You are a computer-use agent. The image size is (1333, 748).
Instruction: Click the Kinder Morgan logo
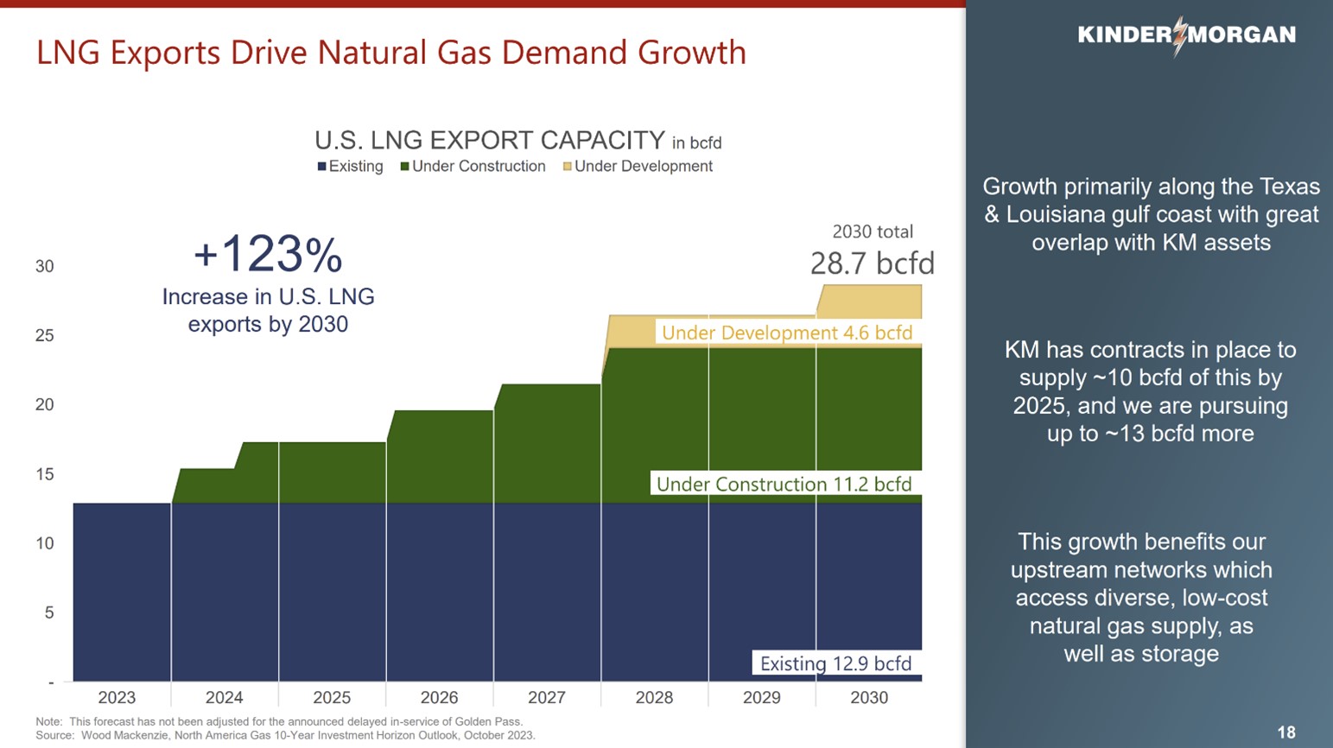tap(1186, 35)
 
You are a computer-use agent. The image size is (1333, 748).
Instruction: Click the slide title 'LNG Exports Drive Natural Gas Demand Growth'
tap(390, 53)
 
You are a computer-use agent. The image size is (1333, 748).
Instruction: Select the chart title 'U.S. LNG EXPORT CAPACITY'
tap(489, 140)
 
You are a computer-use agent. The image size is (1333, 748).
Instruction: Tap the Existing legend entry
tap(351, 167)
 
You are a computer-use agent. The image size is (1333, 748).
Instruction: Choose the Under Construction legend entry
tap(473, 167)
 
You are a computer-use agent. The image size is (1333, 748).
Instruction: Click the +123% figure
tap(268, 255)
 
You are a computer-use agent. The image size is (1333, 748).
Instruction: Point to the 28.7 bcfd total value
tap(872, 263)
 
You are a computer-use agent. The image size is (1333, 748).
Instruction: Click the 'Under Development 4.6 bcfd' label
tap(786, 333)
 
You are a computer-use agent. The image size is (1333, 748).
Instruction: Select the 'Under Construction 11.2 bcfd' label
tap(784, 485)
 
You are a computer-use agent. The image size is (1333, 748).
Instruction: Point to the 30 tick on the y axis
tap(44, 267)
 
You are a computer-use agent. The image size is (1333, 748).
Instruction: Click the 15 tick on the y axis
tap(44, 474)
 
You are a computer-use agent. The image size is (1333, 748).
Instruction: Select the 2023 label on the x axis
tap(117, 698)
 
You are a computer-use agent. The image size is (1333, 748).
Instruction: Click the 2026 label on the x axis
tap(439, 698)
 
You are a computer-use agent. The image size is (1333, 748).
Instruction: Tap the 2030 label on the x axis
tap(868, 698)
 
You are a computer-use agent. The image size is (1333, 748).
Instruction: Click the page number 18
tap(1285, 732)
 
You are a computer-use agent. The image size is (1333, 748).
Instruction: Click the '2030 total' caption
tap(872, 231)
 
